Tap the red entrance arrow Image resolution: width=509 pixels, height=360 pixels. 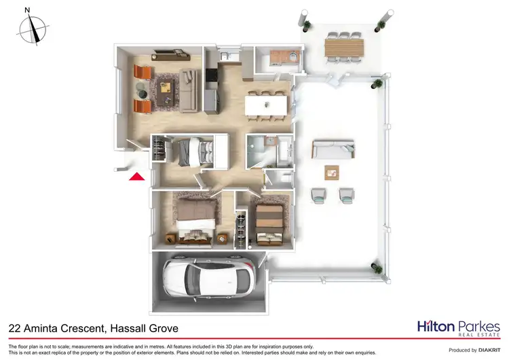pos(136,177)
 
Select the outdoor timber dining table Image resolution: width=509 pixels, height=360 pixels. pos(345,47)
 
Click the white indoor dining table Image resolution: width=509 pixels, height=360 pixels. pos(267,105)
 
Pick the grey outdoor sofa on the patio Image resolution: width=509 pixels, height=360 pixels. pos(333,149)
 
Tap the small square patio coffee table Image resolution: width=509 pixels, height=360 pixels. pos(332,171)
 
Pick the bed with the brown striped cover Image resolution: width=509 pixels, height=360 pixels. pos(269,219)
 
